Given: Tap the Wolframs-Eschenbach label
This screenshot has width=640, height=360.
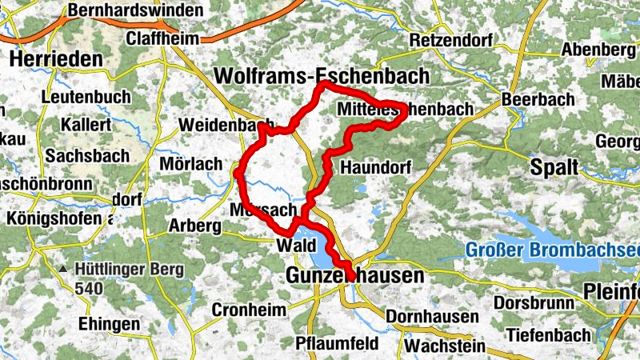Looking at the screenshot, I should (322, 76).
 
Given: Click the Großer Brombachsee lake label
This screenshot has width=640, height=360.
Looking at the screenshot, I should (552, 248).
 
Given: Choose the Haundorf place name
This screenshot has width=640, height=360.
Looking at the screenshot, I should (375, 168).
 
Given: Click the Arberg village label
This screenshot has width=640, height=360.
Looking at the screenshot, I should (194, 226).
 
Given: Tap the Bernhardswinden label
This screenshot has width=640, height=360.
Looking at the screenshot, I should (122, 11).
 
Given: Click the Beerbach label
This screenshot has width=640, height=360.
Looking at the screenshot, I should (538, 100).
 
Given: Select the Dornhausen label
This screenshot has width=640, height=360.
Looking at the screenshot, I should (432, 317).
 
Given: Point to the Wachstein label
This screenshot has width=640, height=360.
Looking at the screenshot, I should (446, 346).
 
